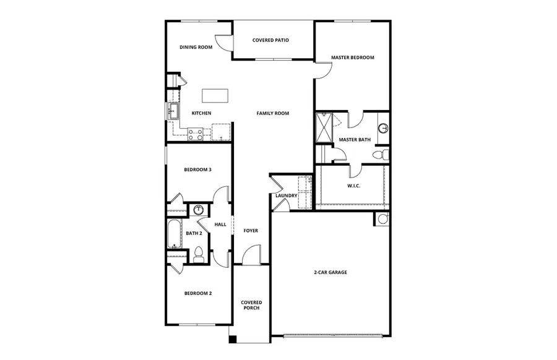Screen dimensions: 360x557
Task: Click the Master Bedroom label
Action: [x=352, y=58]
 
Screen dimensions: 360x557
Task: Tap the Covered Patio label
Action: [x=271, y=40]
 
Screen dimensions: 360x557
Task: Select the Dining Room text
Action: [x=196, y=47]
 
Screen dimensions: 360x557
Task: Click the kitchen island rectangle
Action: [x=215, y=96]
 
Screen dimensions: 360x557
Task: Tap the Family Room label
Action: [x=273, y=113]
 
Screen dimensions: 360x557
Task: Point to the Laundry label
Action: [x=287, y=196]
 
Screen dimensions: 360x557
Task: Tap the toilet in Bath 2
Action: [x=199, y=254]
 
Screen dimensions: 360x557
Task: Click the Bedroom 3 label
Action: [x=199, y=169]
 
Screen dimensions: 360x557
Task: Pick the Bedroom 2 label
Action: [x=198, y=293]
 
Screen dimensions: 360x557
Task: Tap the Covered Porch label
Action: [x=251, y=305]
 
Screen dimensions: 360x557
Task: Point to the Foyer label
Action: [x=251, y=231]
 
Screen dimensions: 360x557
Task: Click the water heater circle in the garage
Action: [x=382, y=218]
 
